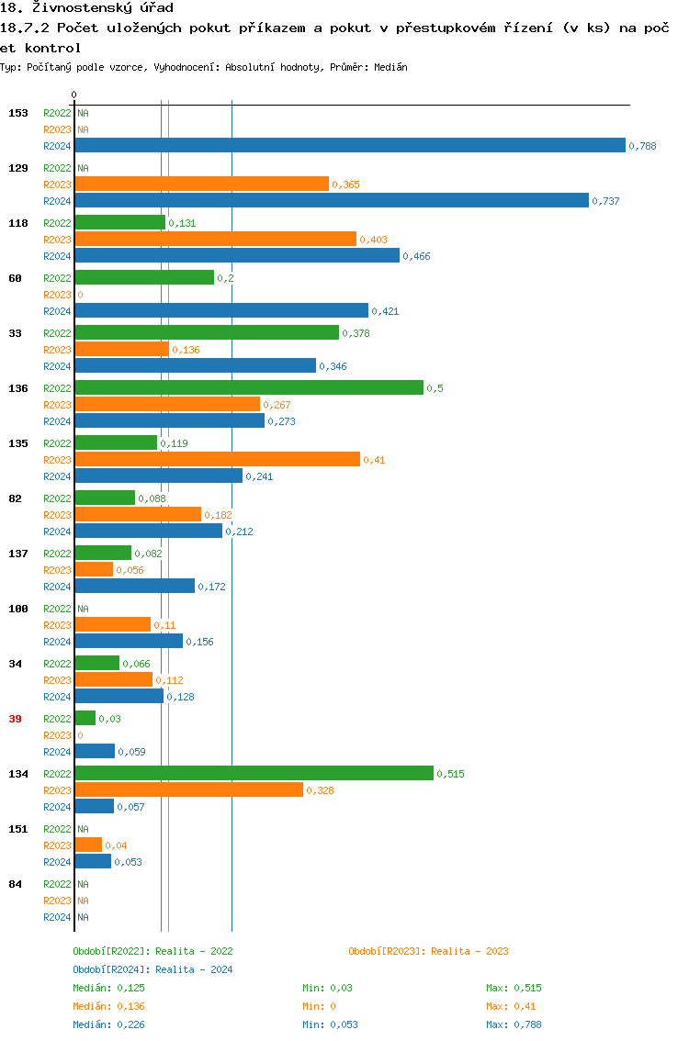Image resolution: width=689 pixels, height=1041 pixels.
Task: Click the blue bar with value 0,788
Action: point(349,145)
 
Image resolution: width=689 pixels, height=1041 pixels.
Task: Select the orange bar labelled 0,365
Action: point(201,184)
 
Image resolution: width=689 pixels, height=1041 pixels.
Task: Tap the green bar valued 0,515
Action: point(254,773)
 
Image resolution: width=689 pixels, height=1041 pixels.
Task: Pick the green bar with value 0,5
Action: point(249,387)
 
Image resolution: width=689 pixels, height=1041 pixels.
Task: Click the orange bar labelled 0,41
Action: point(217,459)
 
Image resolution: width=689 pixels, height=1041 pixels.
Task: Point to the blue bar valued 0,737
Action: point(331,200)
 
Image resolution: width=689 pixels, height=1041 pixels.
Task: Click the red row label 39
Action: point(15,719)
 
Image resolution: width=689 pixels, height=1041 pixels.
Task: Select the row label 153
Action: point(17,113)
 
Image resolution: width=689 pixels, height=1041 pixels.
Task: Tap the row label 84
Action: point(15,884)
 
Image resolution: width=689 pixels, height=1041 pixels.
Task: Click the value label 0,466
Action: point(416,256)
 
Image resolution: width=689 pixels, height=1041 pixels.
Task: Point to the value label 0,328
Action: point(320,790)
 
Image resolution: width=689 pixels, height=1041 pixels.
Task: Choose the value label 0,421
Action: point(385,311)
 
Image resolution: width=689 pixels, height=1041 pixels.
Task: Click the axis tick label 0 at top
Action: point(74,95)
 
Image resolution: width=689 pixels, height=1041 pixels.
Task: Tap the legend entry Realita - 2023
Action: point(428,951)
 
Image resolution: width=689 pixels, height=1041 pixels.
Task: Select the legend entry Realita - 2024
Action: point(152,969)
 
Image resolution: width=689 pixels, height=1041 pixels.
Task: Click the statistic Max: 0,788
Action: point(514,1024)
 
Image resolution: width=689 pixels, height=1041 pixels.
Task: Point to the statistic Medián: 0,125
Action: point(108,988)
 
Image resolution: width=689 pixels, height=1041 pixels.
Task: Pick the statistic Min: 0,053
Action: point(330,1024)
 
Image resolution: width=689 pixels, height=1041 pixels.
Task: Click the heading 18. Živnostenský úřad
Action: point(87,8)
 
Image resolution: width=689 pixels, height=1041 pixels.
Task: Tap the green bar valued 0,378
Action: point(207,332)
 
